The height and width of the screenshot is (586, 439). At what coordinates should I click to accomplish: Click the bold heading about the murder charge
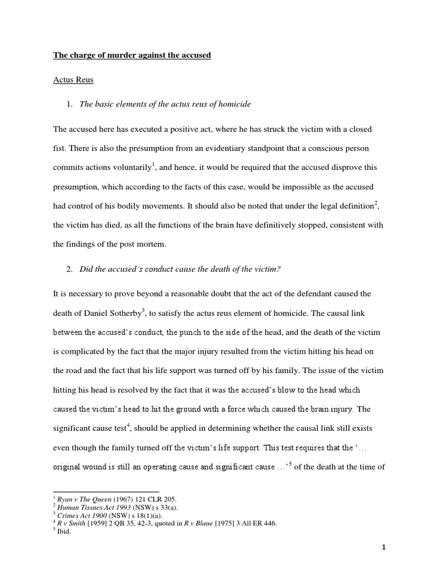point(132,56)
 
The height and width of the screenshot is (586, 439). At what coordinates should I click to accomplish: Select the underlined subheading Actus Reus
point(73,80)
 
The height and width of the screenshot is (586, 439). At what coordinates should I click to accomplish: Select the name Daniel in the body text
point(92,314)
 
